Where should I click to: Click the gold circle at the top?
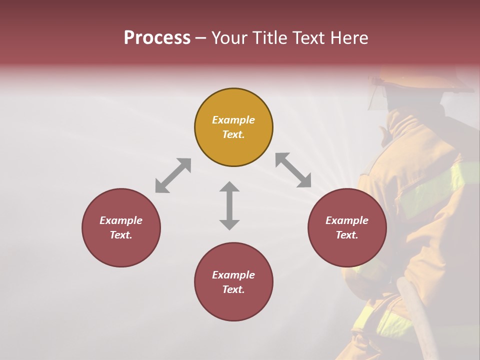coord(233,127)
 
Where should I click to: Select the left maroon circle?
coord(121,227)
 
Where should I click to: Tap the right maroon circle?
coord(347,227)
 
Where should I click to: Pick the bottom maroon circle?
coord(233,282)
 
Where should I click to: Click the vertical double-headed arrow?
coord(229,205)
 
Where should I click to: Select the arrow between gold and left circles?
coord(173,175)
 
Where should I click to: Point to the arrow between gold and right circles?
coord(293,170)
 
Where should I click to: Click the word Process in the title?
coord(157,38)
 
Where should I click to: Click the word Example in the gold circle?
coord(233,120)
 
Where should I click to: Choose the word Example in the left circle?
coord(121,220)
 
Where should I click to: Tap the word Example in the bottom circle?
coord(233,275)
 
